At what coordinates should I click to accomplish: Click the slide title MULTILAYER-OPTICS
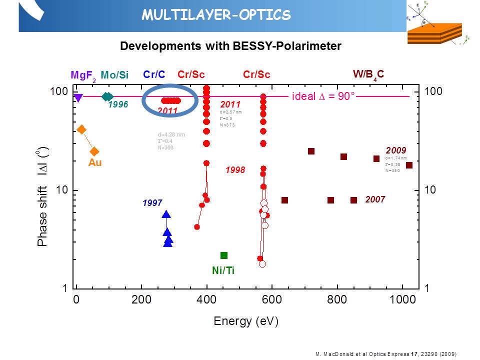pyautogui.click(x=216, y=15)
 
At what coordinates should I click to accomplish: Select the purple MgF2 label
pyautogui.click(x=83, y=75)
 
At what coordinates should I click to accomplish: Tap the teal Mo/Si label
pyautogui.click(x=114, y=75)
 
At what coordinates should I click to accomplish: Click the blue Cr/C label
pyautogui.click(x=154, y=74)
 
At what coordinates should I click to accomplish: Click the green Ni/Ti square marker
pyautogui.click(x=224, y=255)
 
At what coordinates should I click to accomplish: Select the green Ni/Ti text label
pyautogui.click(x=223, y=270)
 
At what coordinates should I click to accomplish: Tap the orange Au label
pyautogui.click(x=95, y=162)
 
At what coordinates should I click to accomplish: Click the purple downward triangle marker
pyautogui.click(x=78, y=98)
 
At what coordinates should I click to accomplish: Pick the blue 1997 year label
pyautogui.click(x=152, y=203)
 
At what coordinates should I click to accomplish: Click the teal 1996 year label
pyautogui.click(x=118, y=104)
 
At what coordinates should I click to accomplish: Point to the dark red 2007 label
pyautogui.click(x=374, y=199)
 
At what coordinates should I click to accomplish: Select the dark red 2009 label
pyautogui.click(x=396, y=150)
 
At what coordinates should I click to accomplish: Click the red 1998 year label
pyautogui.click(x=235, y=170)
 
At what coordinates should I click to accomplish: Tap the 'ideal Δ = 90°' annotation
pyautogui.click(x=323, y=96)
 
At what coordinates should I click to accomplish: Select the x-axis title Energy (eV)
pyautogui.click(x=245, y=320)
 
